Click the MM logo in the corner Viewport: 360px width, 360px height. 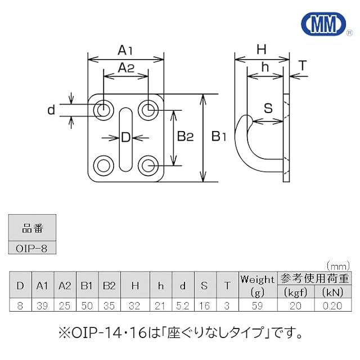pyautogui.click(x=323, y=24)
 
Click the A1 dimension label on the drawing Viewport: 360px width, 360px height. pyautogui.click(x=125, y=50)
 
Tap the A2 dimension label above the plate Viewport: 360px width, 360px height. pyautogui.click(x=125, y=68)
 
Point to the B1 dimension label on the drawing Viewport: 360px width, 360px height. pyautogui.click(x=218, y=137)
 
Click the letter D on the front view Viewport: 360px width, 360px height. pyautogui.click(x=125, y=137)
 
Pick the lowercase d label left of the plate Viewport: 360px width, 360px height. pyautogui.click(x=52, y=110)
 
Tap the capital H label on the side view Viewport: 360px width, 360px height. pyautogui.click(x=260, y=49)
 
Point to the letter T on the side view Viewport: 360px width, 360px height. pyautogui.click(x=302, y=66)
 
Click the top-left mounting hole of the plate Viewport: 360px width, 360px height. pyautogui.click(x=102, y=110)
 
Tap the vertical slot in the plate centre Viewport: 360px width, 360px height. pyautogui.click(x=125, y=138)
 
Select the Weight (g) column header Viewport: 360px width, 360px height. pyautogui.click(x=258, y=285)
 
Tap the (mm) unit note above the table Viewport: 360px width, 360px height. pyautogui.click(x=338, y=265)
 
